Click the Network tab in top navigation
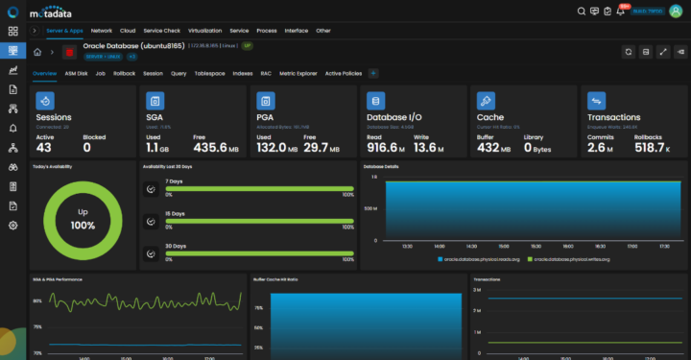pos(102,31)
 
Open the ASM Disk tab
pos(76,73)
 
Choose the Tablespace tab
pos(209,73)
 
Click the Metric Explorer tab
pos(299,73)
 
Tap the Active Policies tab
pos(344,73)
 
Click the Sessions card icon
pos(46,100)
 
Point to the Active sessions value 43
pos(44,146)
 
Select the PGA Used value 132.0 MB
pos(277,146)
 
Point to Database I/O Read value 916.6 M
pos(387,146)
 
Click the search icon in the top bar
pos(581,12)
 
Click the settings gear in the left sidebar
pos(13,225)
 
